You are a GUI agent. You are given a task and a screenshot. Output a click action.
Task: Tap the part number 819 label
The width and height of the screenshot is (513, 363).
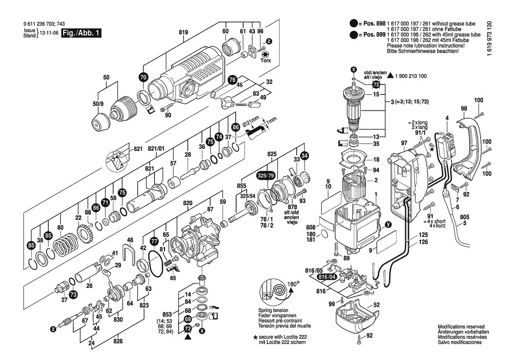(x=183, y=32)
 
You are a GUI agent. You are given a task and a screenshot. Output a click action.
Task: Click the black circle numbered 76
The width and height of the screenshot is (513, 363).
(x=232, y=79)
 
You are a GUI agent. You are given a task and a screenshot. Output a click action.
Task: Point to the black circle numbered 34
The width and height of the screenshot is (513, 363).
(x=305, y=156)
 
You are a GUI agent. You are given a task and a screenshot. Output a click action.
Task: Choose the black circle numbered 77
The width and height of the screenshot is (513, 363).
(x=154, y=241)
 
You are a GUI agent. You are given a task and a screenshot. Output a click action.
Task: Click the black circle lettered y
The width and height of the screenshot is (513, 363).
(x=387, y=225)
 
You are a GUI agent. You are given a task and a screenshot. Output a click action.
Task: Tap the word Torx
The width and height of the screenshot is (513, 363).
(x=266, y=61)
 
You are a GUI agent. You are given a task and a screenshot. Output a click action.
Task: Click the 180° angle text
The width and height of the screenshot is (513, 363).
(x=293, y=284)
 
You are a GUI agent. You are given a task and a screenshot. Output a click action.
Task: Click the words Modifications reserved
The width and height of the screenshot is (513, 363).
(x=461, y=327)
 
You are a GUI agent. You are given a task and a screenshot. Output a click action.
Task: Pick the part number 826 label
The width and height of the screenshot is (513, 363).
(x=118, y=341)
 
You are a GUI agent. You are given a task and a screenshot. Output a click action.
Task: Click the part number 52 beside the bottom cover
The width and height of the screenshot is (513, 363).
(x=377, y=304)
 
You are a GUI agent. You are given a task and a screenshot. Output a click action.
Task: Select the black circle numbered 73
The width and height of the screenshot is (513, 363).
(x=73, y=294)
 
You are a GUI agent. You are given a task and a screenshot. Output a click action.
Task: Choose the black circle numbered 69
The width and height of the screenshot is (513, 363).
(x=187, y=319)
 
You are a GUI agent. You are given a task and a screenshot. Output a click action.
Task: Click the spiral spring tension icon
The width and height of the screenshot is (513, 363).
(x=271, y=293)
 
